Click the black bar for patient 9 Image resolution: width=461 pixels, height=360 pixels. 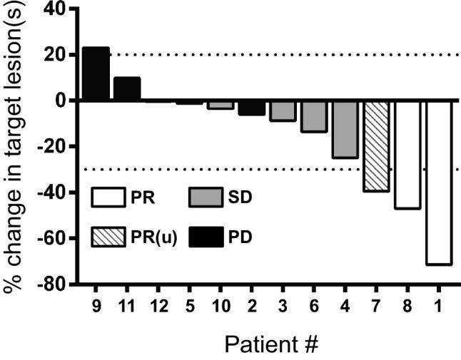click(96, 74)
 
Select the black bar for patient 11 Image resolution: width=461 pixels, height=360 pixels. click(127, 89)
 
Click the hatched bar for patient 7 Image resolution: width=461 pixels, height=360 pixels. click(376, 146)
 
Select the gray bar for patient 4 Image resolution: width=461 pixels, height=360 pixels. click(345, 129)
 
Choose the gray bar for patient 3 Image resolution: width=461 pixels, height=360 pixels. click(283, 110)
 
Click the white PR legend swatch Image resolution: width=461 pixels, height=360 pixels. click(114, 197)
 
